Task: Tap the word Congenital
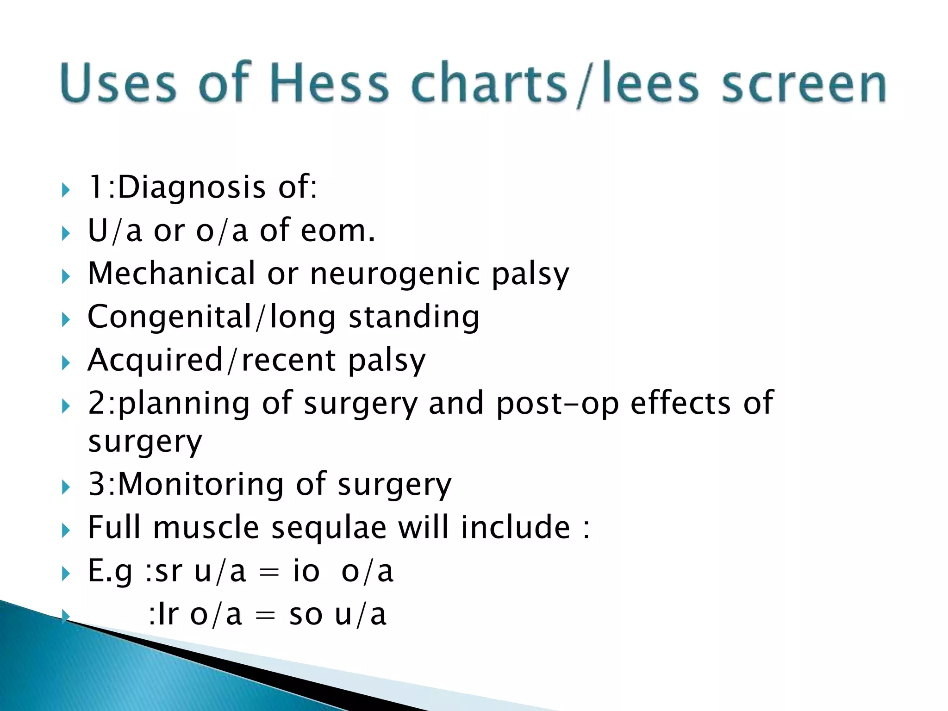[x=169, y=317]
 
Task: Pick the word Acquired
[x=155, y=361]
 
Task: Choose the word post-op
[x=557, y=404]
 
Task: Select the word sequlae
[x=329, y=528]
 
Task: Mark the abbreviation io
[x=306, y=571]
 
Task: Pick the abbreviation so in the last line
[x=306, y=615]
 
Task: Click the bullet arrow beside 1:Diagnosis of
[x=66, y=190]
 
